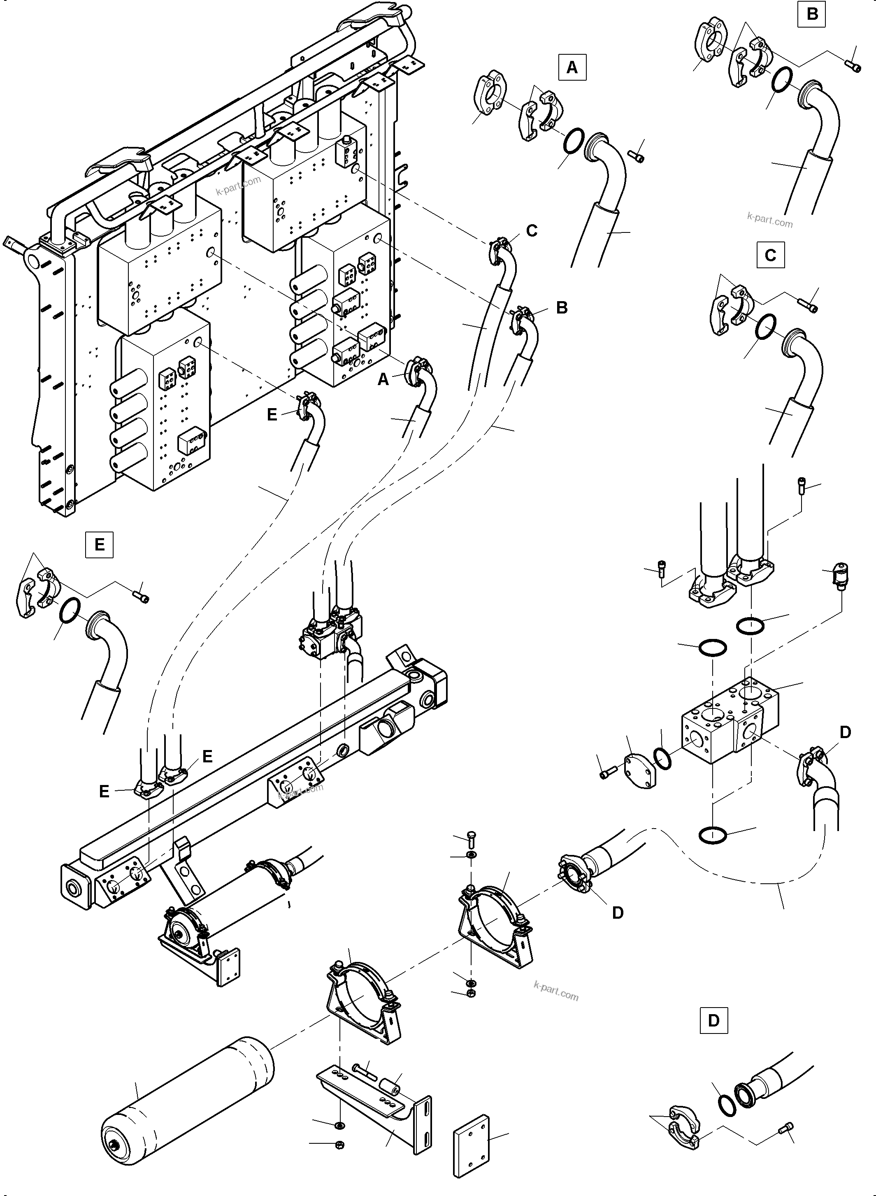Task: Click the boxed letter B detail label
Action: click(x=812, y=14)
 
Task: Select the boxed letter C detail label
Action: click(x=771, y=255)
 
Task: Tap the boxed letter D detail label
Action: click(x=714, y=1020)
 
